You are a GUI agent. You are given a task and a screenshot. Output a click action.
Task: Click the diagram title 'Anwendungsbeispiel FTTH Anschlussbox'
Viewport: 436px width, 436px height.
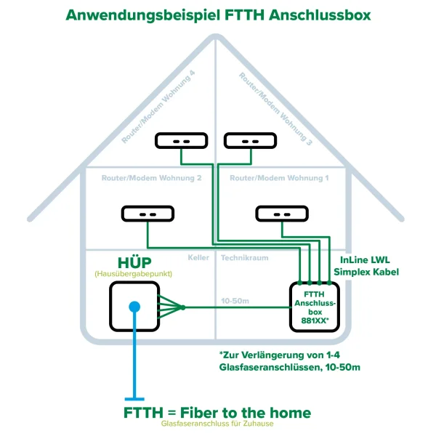(218, 15)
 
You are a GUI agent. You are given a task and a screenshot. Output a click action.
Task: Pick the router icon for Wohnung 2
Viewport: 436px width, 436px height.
(148, 214)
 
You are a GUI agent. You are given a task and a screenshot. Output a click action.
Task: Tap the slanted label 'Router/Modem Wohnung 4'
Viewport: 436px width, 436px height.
(160, 106)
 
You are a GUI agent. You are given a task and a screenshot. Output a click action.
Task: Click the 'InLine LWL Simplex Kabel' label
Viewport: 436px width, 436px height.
(366, 265)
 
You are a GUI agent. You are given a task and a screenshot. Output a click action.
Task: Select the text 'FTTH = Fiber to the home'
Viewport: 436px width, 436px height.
(217, 413)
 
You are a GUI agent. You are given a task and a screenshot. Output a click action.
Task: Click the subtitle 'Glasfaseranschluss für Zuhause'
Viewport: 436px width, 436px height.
(217, 425)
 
